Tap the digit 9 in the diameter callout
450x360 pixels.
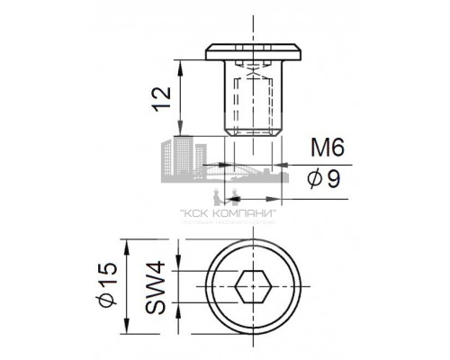[333, 179]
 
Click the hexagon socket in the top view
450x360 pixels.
[252, 290]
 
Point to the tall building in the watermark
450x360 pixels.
[183, 158]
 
